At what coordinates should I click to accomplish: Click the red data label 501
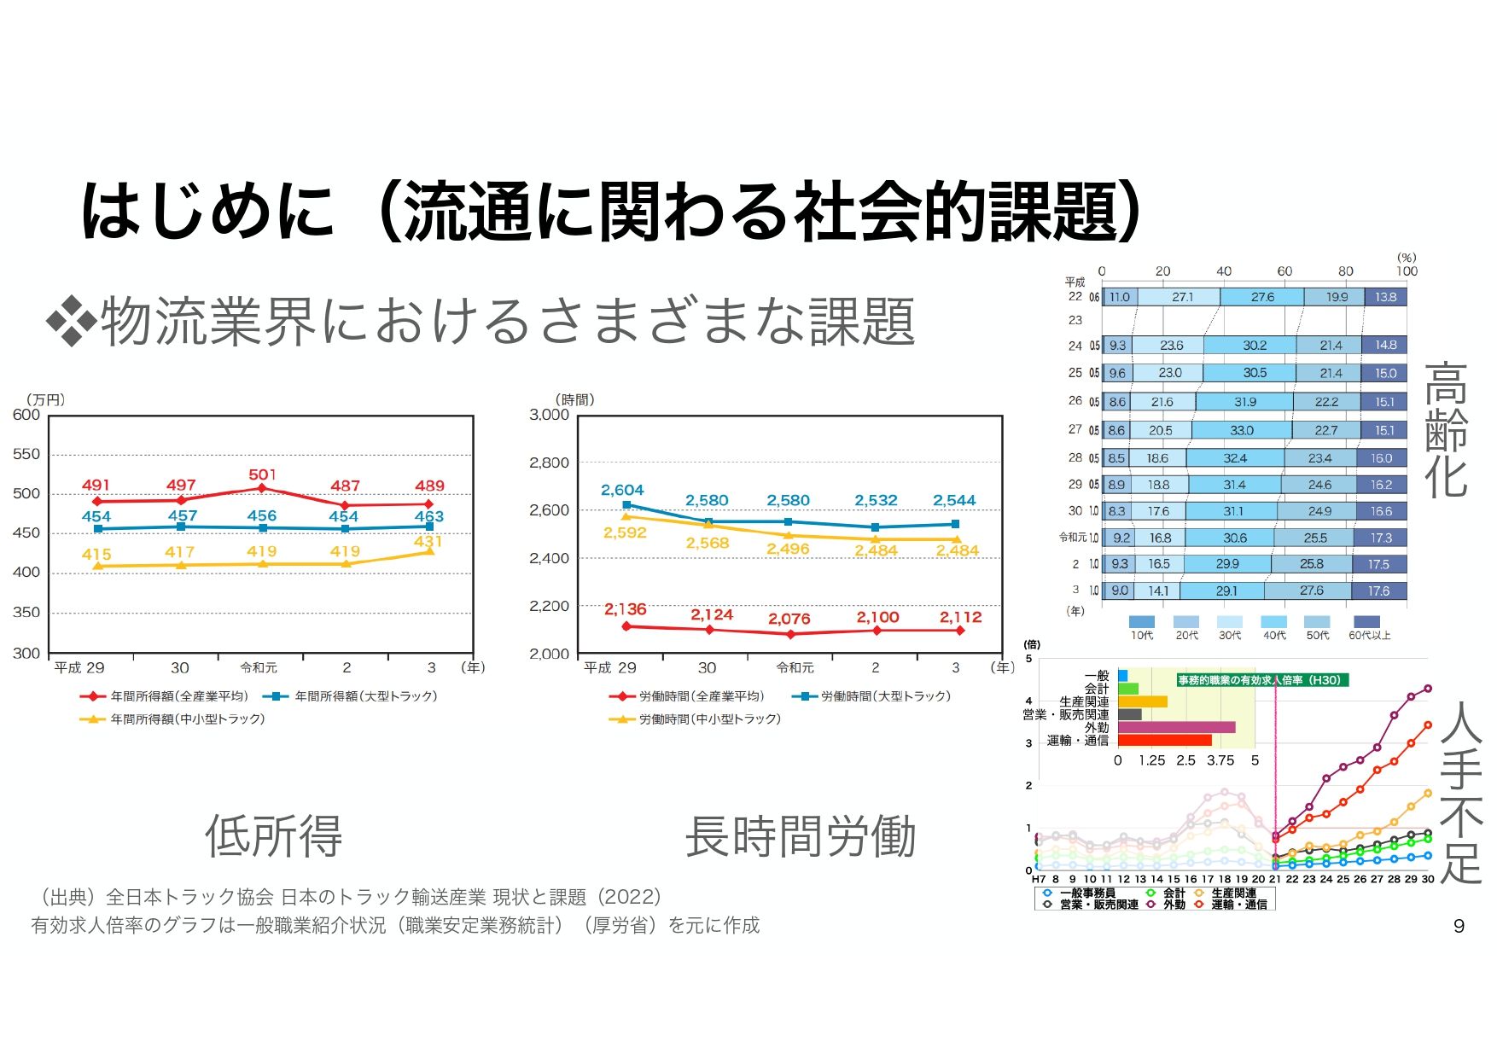pos(262,474)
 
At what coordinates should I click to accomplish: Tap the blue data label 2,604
pos(621,490)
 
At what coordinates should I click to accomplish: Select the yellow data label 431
pos(428,541)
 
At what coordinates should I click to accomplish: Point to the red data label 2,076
pos(789,619)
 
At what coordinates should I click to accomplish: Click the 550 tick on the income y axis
pos(26,454)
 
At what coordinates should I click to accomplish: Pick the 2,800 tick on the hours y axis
pos(549,463)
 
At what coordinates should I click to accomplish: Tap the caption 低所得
pos(273,835)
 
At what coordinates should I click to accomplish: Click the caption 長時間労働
pos(800,835)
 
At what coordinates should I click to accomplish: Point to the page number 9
pos(1459,926)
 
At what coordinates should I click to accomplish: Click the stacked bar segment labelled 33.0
pos(1241,430)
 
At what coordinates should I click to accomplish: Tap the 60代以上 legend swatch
pos(1366,622)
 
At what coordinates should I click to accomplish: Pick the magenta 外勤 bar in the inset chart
pos(1176,727)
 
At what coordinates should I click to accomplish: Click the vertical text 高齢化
pos(1446,430)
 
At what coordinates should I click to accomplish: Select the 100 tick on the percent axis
pos(1407,271)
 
